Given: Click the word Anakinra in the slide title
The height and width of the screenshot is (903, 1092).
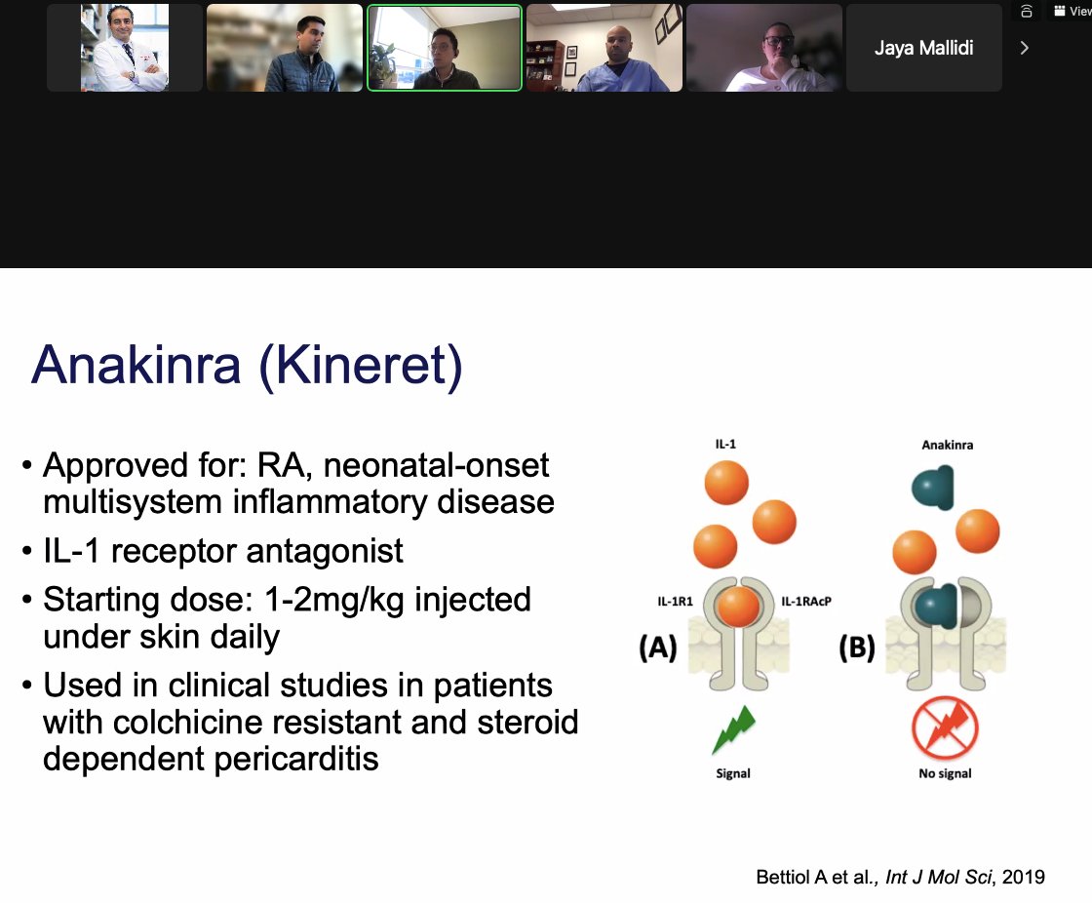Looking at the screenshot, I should pyautogui.click(x=136, y=365).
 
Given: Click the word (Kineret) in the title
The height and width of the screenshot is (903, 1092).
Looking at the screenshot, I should pyautogui.click(x=360, y=365).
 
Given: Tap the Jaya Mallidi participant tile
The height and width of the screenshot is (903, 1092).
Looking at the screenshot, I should pyautogui.click(x=923, y=48).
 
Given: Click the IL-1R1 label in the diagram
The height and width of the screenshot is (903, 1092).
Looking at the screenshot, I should pyautogui.click(x=674, y=602).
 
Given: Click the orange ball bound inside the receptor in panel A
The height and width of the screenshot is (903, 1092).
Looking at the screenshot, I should pyautogui.click(x=737, y=607).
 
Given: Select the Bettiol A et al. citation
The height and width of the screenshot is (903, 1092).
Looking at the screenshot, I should pyautogui.click(x=899, y=877).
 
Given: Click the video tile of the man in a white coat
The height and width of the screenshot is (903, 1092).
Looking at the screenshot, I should pyautogui.click(x=125, y=48).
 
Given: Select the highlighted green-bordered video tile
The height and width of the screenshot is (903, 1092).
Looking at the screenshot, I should pyautogui.click(x=445, y=48).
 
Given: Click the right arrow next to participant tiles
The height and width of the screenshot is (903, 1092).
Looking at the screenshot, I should pyautogui.click(x=1024, y=48).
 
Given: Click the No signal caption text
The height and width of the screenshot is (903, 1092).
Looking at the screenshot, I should pyautogui.click(x=944, y=773).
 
